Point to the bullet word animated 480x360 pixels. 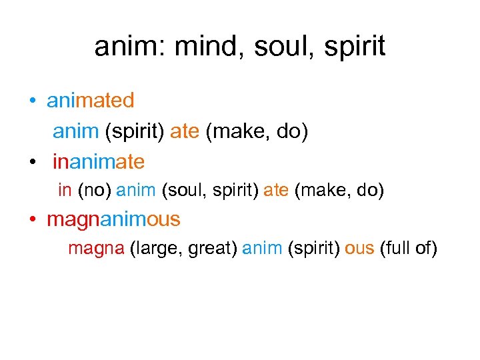(90, 101)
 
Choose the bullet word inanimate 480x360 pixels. (98, 161)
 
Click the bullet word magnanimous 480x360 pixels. (113, 219)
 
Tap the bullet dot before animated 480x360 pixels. (32, 102)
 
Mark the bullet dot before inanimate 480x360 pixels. (32, 163)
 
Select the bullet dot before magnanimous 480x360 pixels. (32, 220)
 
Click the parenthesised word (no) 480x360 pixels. (94, 191)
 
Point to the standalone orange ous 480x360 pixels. (359, 249)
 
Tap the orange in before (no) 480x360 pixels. (65, 191)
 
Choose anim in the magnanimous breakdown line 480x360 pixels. (262, 249)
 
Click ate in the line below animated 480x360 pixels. (185, 131)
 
